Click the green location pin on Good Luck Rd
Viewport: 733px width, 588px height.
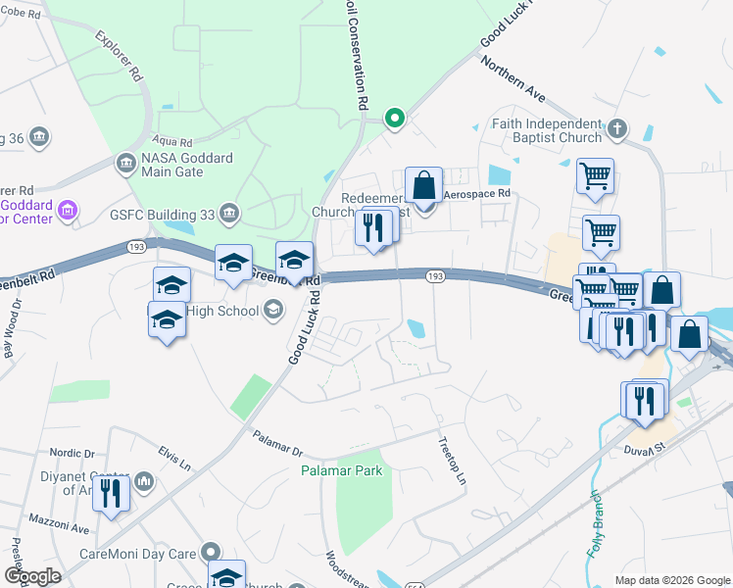tap(394, 120)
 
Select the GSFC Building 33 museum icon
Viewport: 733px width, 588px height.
tap(228, 212)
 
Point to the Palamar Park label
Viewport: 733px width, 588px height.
tap(341, 471)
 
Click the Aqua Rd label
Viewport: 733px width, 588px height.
tap(172, 141)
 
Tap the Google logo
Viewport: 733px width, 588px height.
tap(32, 576)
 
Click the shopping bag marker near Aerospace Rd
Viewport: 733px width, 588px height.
tap(423, 185)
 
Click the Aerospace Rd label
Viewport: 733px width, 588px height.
tap(478, 195)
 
